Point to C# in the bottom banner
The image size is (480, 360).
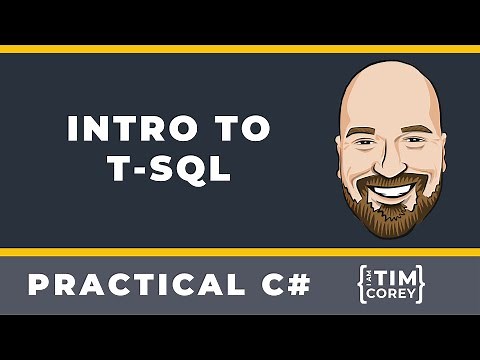click(284, 285)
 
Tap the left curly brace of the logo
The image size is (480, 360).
click(362, 285)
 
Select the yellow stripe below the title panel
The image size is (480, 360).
click(240, 251)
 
